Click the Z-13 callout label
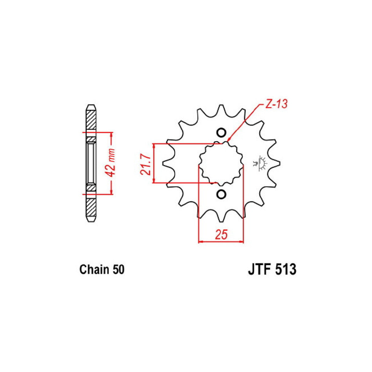(276, 104)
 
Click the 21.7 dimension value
(145, 165)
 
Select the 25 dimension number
(221, 234)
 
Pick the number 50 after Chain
(118, 270)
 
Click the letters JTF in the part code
(258, 270)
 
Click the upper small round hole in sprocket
(221, 133)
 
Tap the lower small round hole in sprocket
(221, 194)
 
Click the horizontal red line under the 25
(221, 242)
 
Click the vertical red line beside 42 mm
(112, 184)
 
